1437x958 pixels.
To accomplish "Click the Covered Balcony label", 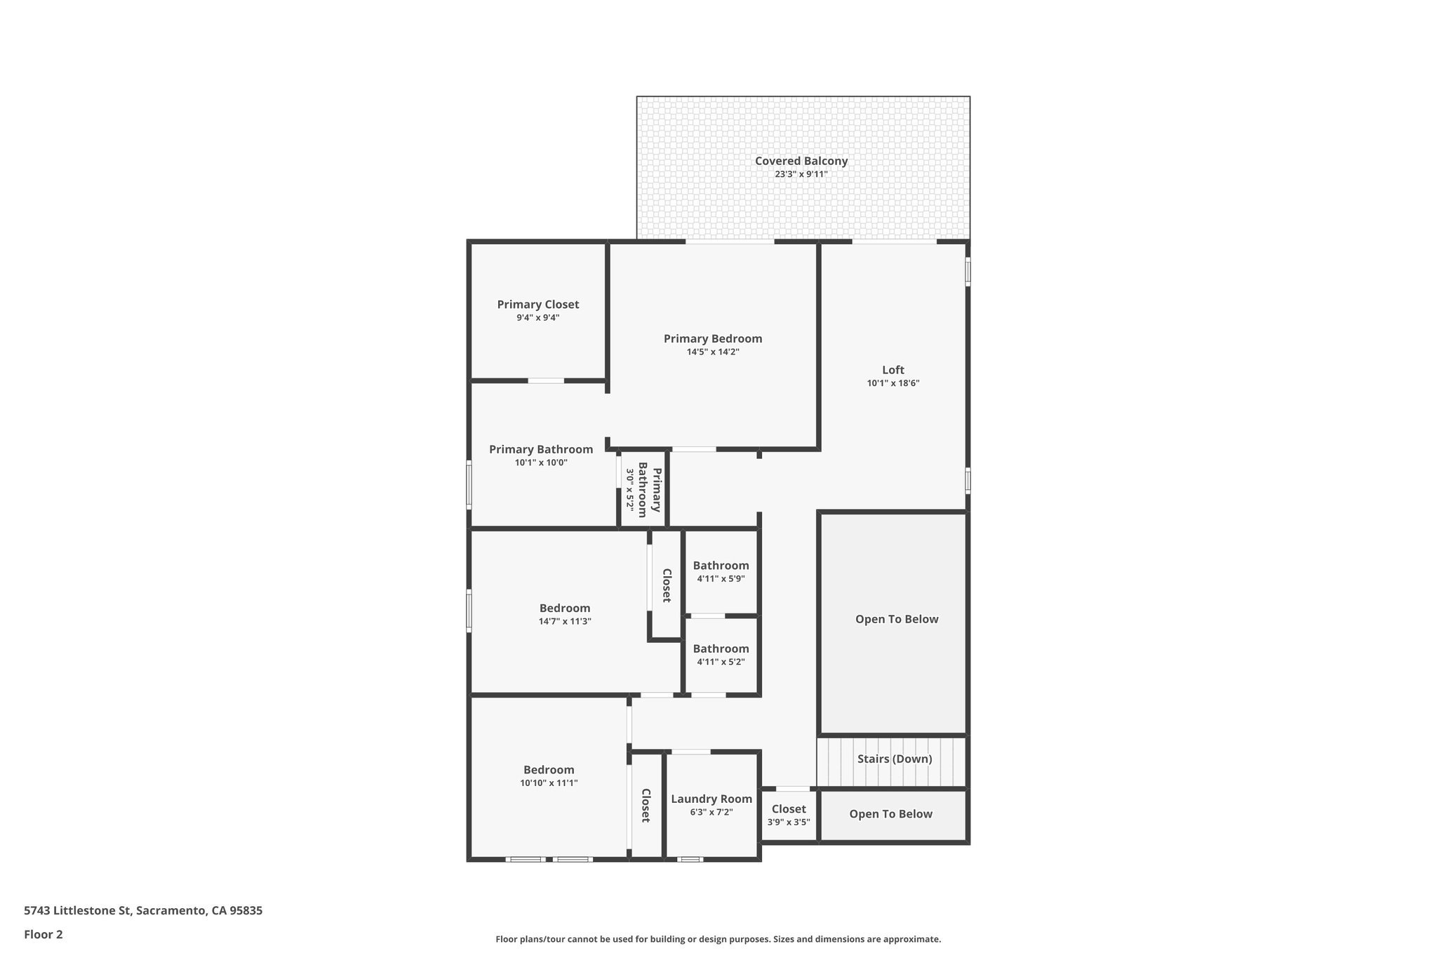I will tap(801, 161).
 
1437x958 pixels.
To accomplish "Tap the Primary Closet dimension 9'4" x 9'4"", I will tap(537, 317).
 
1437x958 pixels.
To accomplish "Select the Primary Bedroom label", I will tap(712, 339).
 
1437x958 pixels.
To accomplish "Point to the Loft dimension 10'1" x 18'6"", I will tap(893, 383).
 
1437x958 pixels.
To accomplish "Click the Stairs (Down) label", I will tap(894, 759).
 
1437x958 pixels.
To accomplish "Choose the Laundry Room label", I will tap(711, 799).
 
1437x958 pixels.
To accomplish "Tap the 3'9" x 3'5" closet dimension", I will tap(788, 822).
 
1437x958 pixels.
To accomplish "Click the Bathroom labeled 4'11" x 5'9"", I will tap(721, 566).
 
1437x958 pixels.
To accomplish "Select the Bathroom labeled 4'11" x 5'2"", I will tap(721, 648).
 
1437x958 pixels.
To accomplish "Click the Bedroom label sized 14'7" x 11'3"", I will tap(564, 608).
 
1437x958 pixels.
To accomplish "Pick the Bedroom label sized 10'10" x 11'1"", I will tap(548, 770).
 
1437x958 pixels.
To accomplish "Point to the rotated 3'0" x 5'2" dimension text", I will tap(630, 489).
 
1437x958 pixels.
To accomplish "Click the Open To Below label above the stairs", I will tap(896, 619).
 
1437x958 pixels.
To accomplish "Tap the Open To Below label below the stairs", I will tap(890, 814).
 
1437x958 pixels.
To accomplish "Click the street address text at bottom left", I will tap(143, 910).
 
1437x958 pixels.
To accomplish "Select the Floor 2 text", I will tap(44, 934).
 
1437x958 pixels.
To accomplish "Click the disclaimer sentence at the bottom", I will tap(718, 939).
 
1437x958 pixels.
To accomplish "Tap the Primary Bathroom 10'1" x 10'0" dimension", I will tap(540, 463).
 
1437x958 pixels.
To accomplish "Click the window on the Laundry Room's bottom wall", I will tap(690, 859).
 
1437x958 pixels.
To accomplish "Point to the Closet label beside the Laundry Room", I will tap(646, 805).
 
